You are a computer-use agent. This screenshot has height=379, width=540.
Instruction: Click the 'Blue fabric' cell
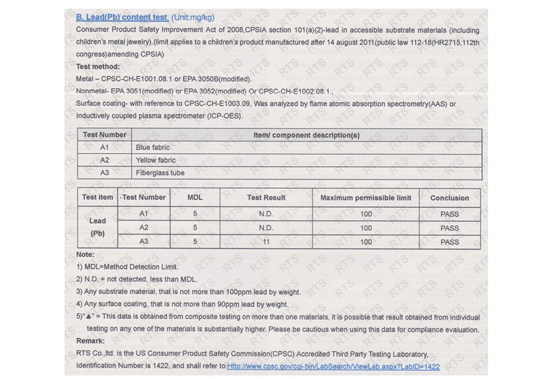(x=153, y=147)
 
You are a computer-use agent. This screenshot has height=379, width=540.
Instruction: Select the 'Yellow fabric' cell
(x=155, y=160)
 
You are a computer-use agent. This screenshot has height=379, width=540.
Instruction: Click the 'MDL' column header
(x=195, y=198)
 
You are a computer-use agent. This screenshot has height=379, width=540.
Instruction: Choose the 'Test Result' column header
(x=267, y=198)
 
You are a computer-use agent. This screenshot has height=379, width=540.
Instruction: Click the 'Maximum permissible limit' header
(x=365, y=198)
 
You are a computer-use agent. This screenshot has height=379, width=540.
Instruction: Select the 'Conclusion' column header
(x=449, y=198)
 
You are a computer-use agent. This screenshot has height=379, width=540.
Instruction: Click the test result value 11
(x=267, y=241)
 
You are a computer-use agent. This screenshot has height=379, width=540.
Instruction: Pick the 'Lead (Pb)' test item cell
(x=97, y=227)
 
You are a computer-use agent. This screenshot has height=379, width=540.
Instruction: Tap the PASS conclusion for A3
(x=449, y=241)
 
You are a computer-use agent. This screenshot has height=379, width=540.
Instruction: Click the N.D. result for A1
(x=267, y=214)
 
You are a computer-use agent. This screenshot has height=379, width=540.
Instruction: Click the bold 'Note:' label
(x=86, y=255)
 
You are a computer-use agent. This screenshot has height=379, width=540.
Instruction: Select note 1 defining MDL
(x=128, y=267)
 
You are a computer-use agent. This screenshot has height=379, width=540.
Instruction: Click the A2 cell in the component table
(x=105, y=160)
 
